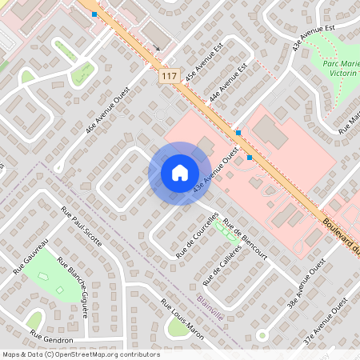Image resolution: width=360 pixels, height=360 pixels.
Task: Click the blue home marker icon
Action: pos(179,173)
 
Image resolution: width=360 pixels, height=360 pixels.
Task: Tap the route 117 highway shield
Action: pos(168,76)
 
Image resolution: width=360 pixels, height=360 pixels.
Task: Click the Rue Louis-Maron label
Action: pos(182,319)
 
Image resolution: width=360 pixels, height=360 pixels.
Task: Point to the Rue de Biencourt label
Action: pos(244,239)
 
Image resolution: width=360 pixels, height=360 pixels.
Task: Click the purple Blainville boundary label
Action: pos(210,305)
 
